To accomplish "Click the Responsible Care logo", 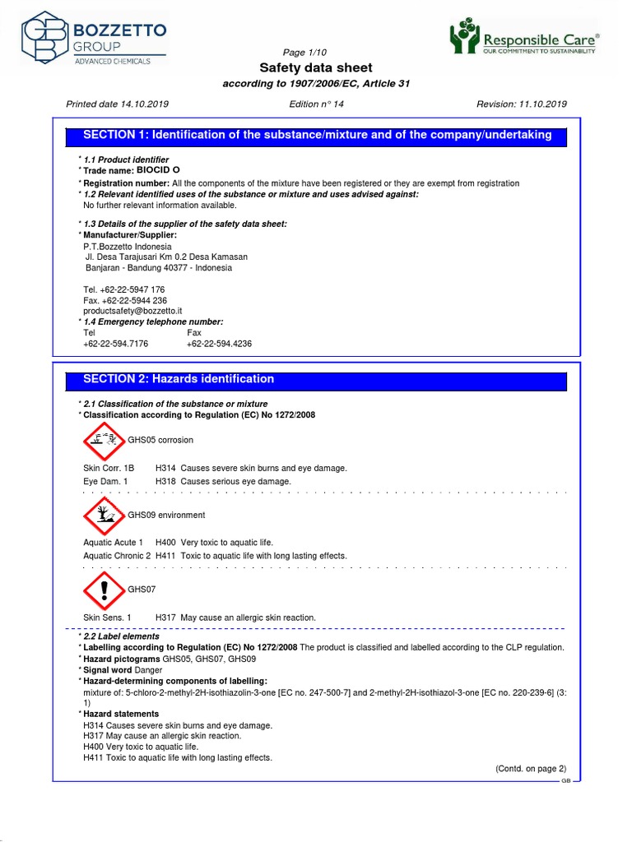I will click(524, 39).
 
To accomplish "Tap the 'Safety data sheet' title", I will click(316, 67).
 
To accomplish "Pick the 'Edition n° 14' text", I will click(317, 104).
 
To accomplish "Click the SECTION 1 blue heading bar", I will click(317, 135).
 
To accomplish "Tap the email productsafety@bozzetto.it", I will click(132, 311).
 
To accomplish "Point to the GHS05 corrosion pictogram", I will click(105, 441).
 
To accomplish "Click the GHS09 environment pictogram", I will click(105, 516).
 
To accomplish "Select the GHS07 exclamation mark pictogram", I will click(105, 590).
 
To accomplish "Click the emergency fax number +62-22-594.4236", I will click(220, 344).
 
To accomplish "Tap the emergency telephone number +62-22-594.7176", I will click(116, 344).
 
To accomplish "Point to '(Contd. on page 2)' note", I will click(531, 769).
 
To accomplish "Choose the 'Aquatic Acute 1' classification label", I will click(114, 543).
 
